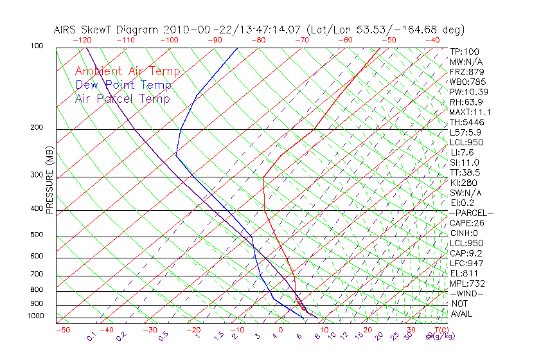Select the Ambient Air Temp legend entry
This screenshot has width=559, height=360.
point(127,72)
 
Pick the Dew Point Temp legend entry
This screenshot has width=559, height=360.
point(123,85)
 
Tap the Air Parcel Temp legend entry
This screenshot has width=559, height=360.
point(122,99)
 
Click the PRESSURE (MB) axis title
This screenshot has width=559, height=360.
point(50,180)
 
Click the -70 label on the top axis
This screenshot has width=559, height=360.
point(301,39)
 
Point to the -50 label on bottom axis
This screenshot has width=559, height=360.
point(62,330)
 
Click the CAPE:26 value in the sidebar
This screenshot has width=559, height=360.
point(466,223)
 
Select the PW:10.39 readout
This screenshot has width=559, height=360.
point(468,92)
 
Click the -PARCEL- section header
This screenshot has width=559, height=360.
point(471,213)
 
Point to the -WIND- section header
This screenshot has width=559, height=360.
point(466,293)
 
